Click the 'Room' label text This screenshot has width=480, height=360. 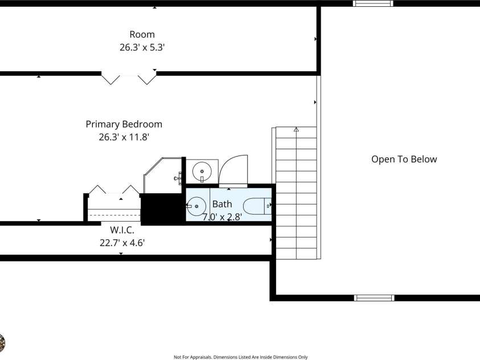click(x=142, y=34)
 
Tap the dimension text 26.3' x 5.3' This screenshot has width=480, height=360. click(x=142, y=47)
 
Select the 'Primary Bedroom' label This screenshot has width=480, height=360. click(x=124, y=124)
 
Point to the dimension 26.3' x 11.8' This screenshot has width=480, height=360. click(x=124, y=137)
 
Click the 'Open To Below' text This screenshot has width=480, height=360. click(x=404, y=159)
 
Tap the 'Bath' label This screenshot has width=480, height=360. click(x=222, y=204)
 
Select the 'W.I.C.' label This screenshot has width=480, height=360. click(x=122, y=230)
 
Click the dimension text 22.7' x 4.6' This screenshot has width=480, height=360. click(x=122, y=243)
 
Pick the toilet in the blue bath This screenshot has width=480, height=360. click(x=257, y=206)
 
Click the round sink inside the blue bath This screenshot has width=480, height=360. click(x=196, y=206)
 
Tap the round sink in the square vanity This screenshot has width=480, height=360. click(x=202, y=171)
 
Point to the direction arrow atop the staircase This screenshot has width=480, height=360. click(x=296, y=129)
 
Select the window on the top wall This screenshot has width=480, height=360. click(x=373, y=3)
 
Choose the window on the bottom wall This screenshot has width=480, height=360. click(x=374, y=298)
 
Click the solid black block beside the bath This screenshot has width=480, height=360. click(x=163, y=210)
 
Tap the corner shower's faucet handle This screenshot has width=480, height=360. click(x=178, y=178)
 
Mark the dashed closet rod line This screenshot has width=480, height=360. click(x=114, y=215)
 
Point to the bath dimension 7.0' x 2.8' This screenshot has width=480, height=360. click(x=222, y=217)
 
